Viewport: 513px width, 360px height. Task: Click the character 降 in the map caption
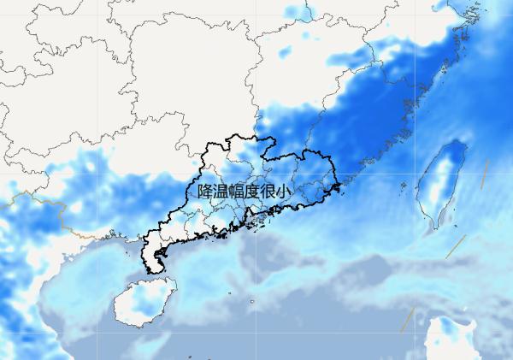[205, 192]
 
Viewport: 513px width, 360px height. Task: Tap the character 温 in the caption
[222, 192]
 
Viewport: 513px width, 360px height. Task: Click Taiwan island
[443, 184]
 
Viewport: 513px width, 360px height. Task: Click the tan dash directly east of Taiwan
[485, 174]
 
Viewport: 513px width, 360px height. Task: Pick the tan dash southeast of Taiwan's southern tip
[454, 247]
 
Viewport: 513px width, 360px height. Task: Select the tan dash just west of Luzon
[407, 320]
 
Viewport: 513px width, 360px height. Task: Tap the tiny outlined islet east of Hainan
[253, 302]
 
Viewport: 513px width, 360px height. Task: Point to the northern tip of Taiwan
[457, 143]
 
